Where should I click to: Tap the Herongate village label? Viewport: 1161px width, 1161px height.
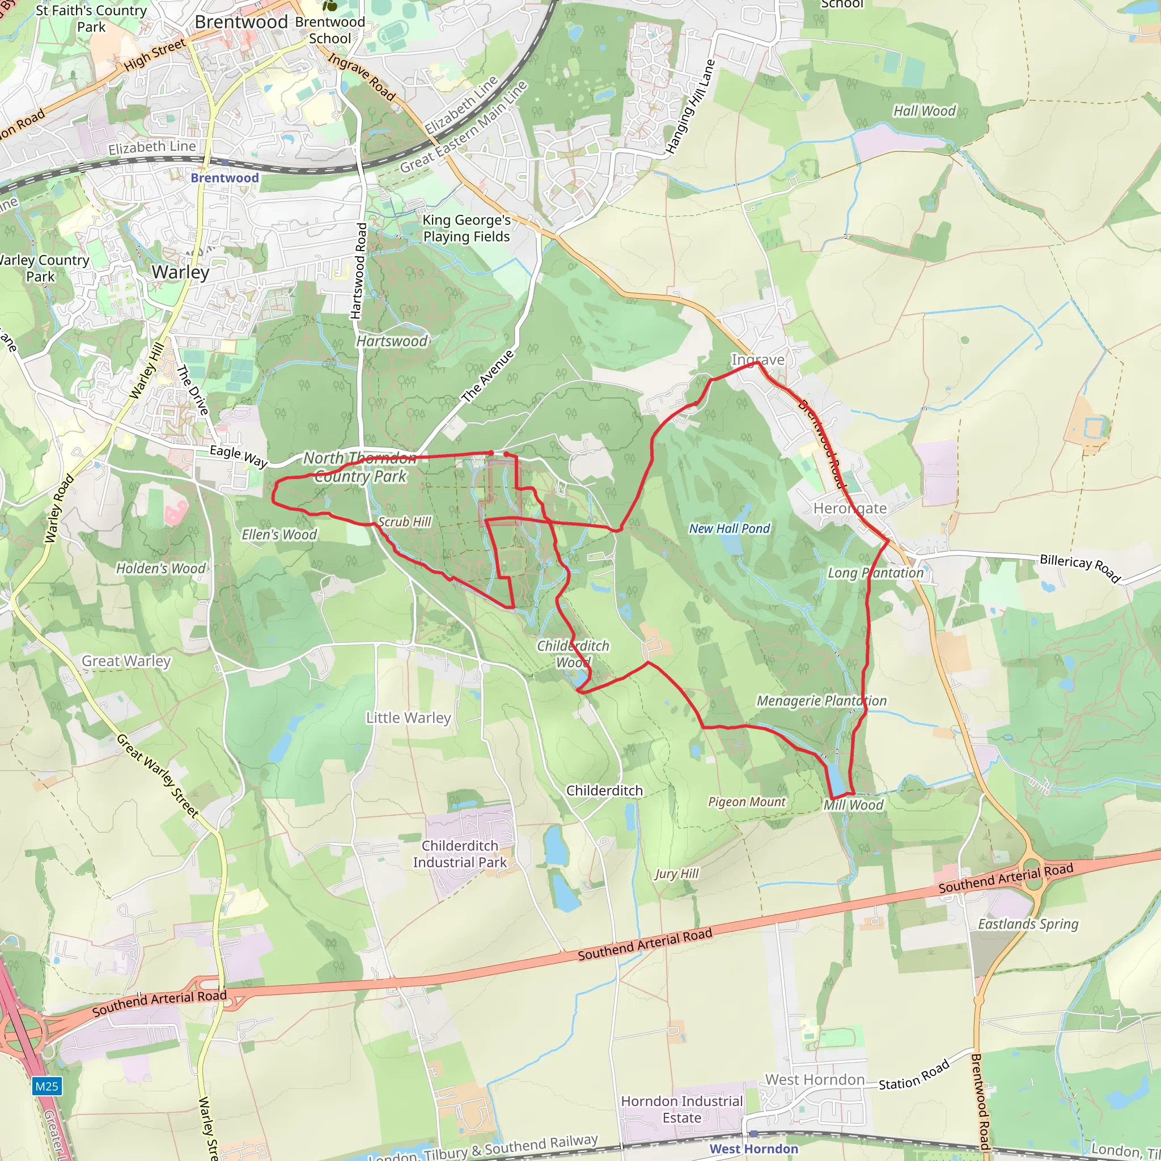point(850,509)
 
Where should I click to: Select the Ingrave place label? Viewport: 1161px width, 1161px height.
point(758,359)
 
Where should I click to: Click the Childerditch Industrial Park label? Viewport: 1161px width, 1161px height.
point(460,854)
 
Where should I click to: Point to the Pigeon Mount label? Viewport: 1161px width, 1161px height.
point(747,802)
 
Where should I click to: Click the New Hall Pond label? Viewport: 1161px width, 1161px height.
point(729,529)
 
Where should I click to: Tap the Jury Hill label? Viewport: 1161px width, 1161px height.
point(677,874)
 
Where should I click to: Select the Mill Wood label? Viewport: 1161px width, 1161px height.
point(853,805)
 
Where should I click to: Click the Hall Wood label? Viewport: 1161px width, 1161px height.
point(924,111)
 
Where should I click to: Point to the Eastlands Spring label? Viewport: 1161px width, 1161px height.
point(1028,923)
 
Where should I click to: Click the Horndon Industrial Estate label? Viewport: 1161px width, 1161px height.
point(682,1109)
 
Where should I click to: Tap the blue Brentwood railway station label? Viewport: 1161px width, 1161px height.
point(224,178)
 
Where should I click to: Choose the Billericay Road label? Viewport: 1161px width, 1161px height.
point(1081,568)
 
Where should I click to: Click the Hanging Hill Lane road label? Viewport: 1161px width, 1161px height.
point(691,107)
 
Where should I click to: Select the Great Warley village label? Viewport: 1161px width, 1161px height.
point(126,661)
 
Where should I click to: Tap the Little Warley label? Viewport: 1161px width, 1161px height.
point(409,718)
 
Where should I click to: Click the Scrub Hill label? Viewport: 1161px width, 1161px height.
point(404,522)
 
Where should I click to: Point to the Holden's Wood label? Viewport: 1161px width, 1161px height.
point(160,569)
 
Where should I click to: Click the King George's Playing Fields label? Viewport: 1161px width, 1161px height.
point(467,228)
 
